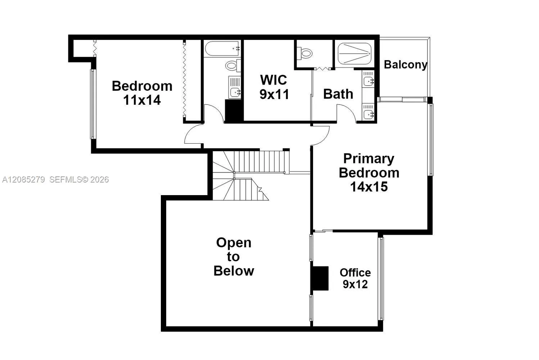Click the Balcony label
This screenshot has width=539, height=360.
coord(406,64)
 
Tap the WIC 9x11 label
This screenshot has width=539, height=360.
coord(274,87)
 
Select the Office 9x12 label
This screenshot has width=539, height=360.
coord(355,278)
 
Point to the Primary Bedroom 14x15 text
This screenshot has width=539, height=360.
coord(369,172)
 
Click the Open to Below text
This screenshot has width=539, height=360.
coord(234,257)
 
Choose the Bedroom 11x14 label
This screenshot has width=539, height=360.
coord(142,93)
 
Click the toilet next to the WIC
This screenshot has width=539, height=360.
coord(304,53)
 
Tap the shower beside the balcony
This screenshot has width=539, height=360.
coord(354,54)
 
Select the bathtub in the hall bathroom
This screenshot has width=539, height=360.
coord(222,49)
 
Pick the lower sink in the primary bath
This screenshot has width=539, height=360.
coord(368,112)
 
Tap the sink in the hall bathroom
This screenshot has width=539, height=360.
coord(235,87)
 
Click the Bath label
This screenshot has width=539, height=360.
coord(338,94)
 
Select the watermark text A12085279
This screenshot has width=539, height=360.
coord(24,180)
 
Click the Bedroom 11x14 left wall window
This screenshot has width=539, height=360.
coord(93,104)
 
